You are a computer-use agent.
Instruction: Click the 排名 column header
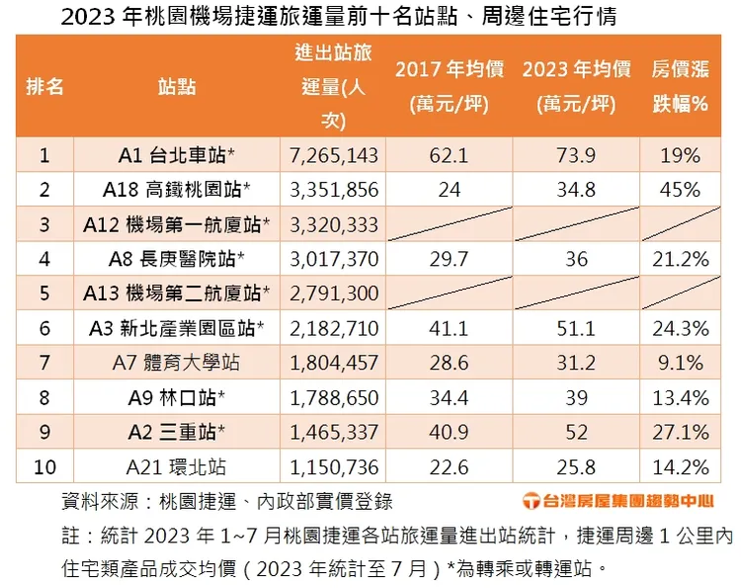[x=44, y=86]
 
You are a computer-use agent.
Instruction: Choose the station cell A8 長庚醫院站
[x=177, y=259]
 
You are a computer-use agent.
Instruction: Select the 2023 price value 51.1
[x=576, y=328]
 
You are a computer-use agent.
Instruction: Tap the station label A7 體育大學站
[x=177, y=363]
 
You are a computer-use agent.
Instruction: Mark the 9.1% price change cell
[x=681, y=363]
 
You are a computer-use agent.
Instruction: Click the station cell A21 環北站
[x=177, y=466]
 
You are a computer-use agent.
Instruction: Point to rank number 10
[x=44, y=466]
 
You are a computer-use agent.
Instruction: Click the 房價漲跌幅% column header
[x=681, y=86]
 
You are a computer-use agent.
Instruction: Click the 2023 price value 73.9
[x=576, y=155]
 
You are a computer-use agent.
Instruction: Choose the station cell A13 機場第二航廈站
[x=177, y=294]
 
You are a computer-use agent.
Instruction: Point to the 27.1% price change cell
[x=681, y=432]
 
